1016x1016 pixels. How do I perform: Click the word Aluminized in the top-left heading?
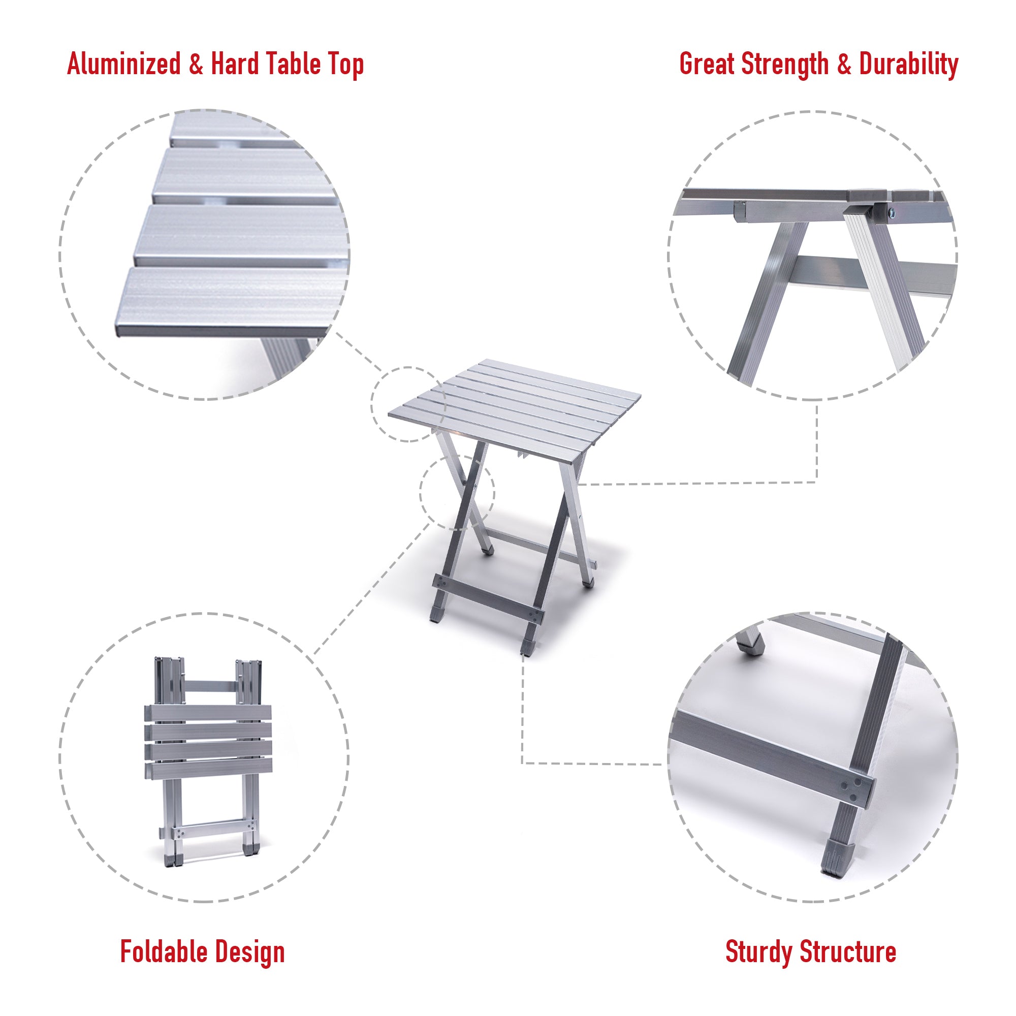(x=123, y=64)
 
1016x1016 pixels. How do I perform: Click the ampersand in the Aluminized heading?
(x=196, y=64)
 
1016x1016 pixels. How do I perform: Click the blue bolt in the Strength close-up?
(x=890, y=213)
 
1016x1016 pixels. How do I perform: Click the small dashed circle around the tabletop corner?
(x=408, y=404)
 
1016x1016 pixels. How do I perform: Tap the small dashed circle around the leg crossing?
(x=457, y=492)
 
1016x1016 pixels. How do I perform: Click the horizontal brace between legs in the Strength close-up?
(x=873, y=274)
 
